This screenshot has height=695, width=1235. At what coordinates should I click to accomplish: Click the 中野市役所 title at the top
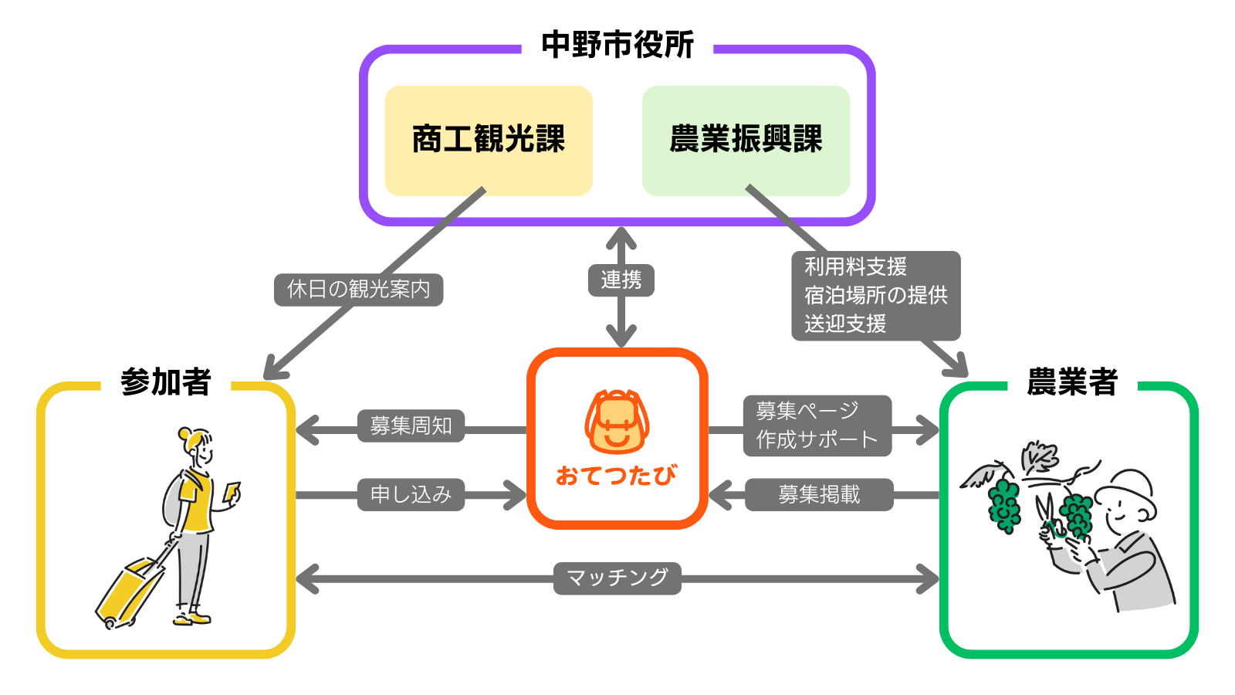point(617,45)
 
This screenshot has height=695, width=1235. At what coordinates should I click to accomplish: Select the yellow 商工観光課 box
point(489,140)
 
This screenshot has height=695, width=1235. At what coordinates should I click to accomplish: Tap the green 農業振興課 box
point(746,140)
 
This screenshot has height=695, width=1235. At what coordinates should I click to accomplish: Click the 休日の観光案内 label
point(359,290)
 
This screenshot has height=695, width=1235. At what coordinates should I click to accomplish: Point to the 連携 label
point(621,280)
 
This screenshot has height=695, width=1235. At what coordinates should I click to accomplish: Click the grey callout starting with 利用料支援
point(876,295)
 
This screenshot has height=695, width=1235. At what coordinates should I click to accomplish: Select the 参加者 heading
point(166,382)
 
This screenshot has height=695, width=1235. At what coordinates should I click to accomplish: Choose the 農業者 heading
point(1072,382)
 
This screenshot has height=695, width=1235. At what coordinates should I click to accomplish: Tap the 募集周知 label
point(411,425)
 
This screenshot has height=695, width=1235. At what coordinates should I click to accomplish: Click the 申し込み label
point(411,494)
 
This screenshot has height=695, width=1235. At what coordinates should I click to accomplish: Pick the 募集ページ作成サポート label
point(817,425)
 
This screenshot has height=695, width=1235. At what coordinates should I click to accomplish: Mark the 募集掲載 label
point(819,494)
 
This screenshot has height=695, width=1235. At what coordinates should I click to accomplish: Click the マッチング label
point(617,578)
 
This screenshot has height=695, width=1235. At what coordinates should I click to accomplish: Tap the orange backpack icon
point(617,422)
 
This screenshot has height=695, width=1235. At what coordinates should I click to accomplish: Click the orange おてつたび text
point(617,475)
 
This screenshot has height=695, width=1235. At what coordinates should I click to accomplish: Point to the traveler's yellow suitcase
point(127,591)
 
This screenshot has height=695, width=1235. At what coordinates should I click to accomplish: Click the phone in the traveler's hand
point(232,492)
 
